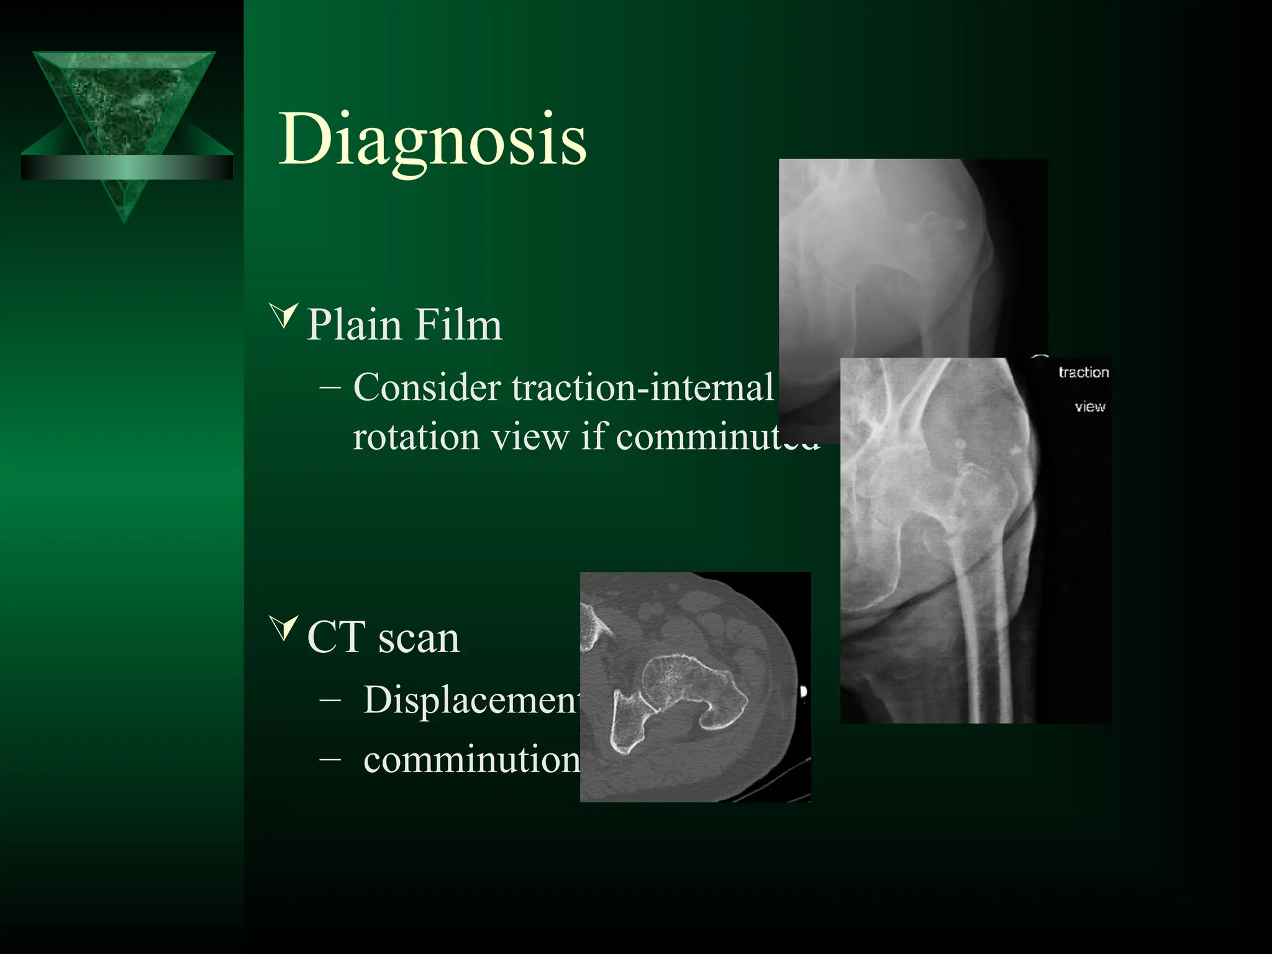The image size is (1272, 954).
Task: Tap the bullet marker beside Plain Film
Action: coord(285,316)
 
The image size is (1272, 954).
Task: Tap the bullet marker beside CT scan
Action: coord(285,628)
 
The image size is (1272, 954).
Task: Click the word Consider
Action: coord(427,388)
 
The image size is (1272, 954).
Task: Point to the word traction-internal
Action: coord(643,388)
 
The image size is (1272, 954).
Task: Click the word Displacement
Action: coord(471,700)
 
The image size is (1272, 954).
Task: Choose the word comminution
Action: coord(471,759)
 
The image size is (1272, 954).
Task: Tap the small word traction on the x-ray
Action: coord(1083,373)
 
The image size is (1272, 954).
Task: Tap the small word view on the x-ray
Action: coord(1090,407)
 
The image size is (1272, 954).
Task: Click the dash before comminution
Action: coord(330,759)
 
